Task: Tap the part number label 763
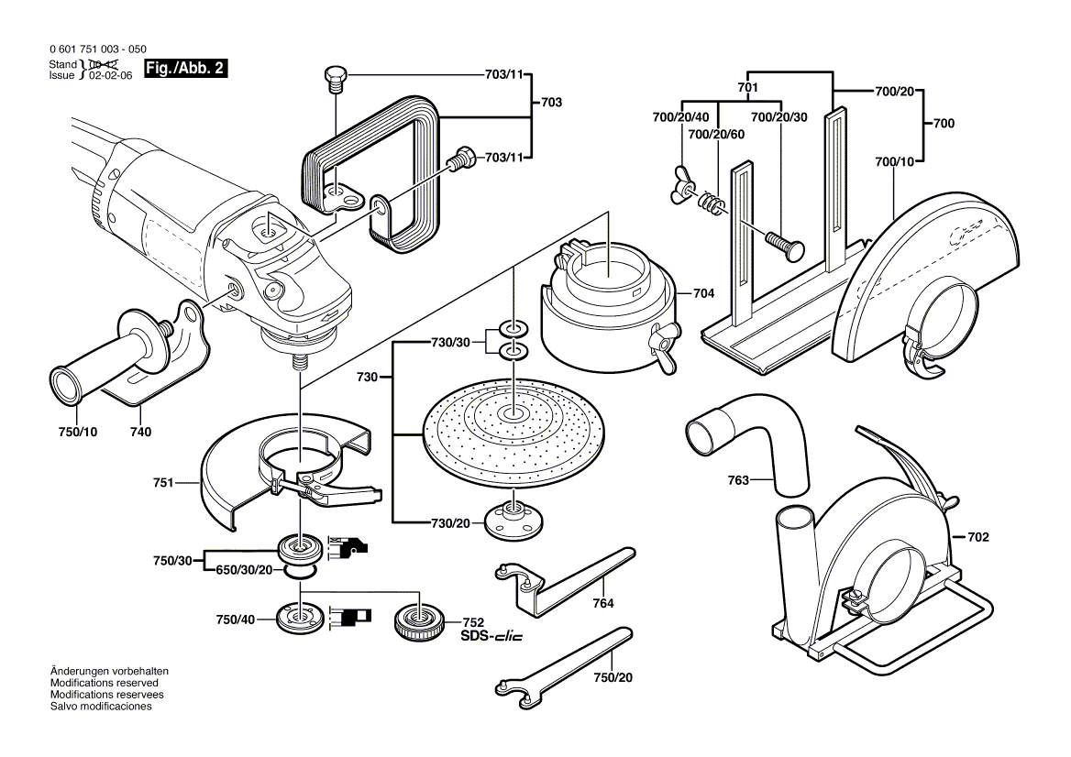(738, 479)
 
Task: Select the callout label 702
(978, 536)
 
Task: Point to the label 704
(704, 294)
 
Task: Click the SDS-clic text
(491, 636)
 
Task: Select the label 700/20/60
(717, 133)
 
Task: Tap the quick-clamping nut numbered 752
(420, 624)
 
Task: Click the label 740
(140, 432)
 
